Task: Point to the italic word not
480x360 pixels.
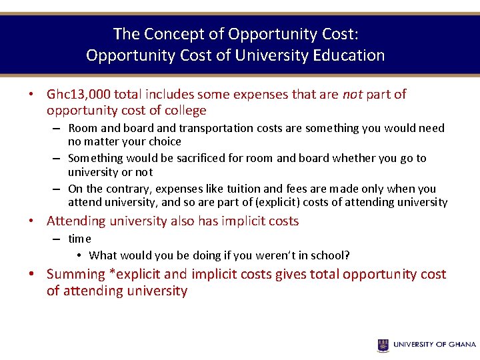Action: click(x=351, y=95)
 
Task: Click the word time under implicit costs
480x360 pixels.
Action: click(x=79, y=239)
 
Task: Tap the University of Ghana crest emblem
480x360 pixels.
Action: click(x=383, y=345)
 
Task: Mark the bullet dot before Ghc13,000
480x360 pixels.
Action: click(x=31, y=95)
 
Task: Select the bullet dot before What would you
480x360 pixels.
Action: click(x=79, y=255)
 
